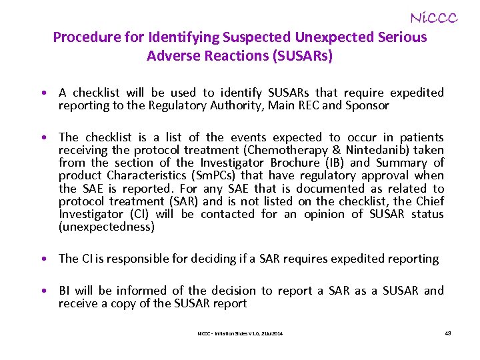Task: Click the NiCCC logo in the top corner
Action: coord(433,18)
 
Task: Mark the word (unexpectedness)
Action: coord(107,227)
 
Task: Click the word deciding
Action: coord(225,259)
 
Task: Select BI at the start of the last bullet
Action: coord(65,291)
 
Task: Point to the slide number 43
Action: coord(448,333)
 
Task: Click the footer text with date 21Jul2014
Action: coord(240,333)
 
